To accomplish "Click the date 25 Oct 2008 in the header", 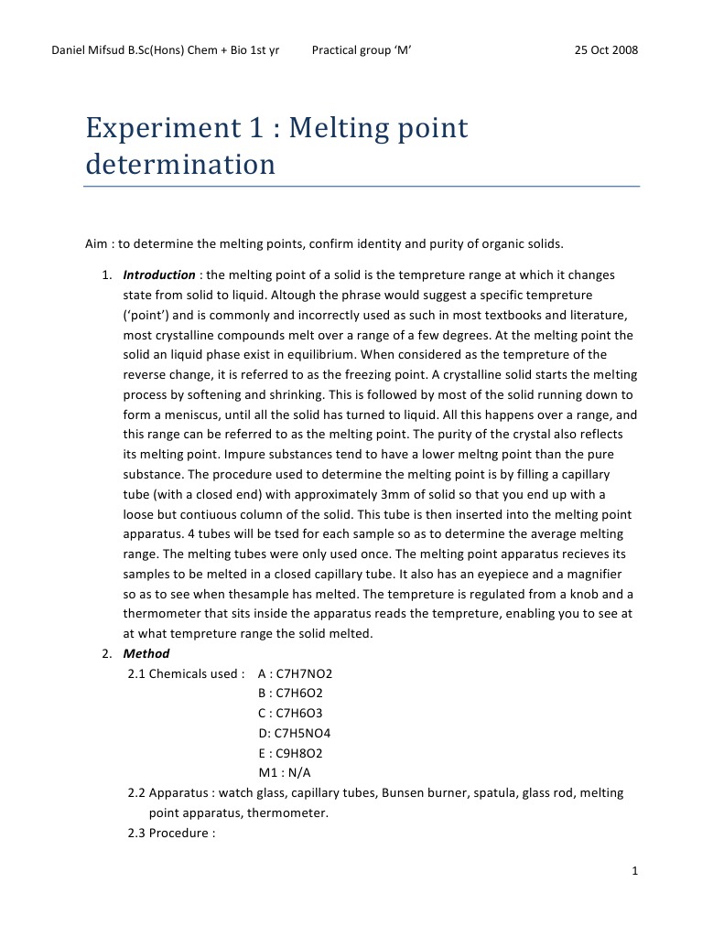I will [606, 49].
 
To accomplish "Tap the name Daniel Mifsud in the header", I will [90, 49].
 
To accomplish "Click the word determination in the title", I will [180, 165].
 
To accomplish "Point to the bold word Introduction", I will [159, 274].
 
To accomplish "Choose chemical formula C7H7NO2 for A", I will [304, 673].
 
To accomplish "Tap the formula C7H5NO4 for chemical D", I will [303, 733].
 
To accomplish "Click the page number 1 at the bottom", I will [634, 871].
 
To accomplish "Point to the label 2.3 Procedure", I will [171, 833].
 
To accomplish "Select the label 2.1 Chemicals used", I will [186, 673].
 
